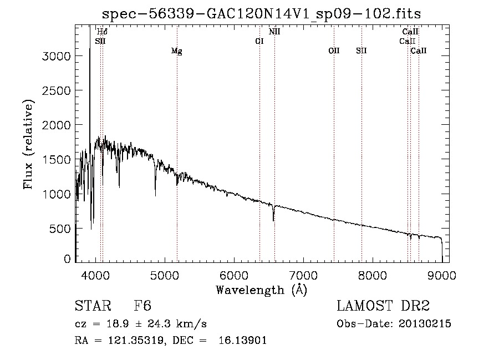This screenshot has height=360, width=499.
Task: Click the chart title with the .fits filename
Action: tap(261, 14)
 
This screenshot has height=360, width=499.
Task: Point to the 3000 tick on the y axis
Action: tap(56, 57)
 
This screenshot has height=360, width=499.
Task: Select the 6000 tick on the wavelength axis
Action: tap(234, 275)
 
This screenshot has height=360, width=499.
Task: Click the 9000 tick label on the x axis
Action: tap(442, 275)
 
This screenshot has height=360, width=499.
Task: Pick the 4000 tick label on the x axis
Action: tap(95, 275)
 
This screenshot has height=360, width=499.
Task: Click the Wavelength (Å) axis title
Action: tap(262, 290)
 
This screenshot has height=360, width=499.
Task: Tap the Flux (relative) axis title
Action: tap(28, 144)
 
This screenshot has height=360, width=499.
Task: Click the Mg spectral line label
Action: tap(177, 51)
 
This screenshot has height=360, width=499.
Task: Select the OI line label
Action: tap(259, 41)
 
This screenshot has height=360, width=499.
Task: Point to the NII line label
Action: tap(274, 32)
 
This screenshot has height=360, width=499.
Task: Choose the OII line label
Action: tap(334, 50)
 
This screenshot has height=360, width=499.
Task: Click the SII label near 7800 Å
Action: tap(361, 50)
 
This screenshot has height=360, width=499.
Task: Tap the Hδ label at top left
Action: tap(102, 32)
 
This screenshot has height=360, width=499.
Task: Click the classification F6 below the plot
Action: tap(142, 306)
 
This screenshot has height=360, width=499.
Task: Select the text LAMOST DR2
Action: tap(383, 306)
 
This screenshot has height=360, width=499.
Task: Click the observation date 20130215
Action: tap(425, 324)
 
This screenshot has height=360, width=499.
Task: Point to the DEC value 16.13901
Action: tap(242, 340)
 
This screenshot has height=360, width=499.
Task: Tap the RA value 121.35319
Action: tap(136, 340)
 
